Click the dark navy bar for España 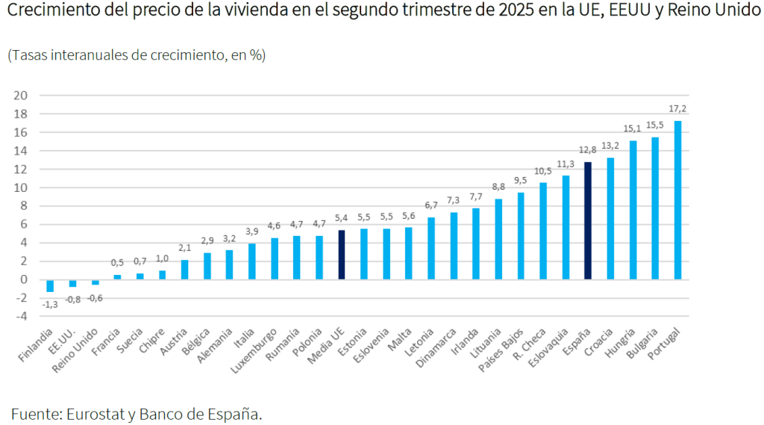(x=588, y=220)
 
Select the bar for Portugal (x=677, y=200)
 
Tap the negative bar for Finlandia (x=50, y=285)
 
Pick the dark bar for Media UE (x=342, y=255)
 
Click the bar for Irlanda (x=476, y=243)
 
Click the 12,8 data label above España (x=587, y=150)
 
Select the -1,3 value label (x=50, y=304)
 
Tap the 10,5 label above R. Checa (x=543, y=171)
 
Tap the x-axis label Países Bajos (x=506, y=347)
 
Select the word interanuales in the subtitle (x=89, y=56)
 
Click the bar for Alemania (x=229, y=264)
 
